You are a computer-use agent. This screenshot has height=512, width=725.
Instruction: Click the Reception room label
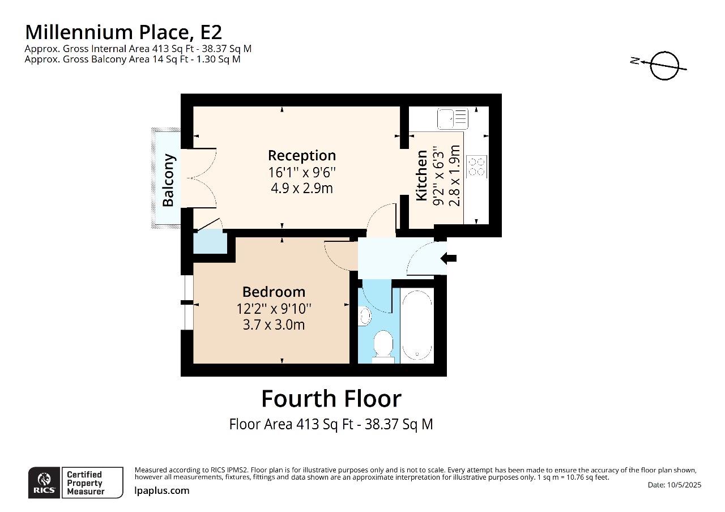[302, 155]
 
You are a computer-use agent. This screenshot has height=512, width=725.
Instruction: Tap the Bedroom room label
[274, 292]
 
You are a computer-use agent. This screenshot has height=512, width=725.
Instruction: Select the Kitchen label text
[421, 176]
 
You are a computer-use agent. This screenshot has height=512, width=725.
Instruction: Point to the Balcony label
[168, 180]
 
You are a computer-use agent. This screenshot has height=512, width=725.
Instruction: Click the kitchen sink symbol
[453, 118]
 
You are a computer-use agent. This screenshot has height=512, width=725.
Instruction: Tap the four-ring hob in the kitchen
[476, 167]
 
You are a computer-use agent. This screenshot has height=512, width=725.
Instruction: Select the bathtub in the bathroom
[417, 325]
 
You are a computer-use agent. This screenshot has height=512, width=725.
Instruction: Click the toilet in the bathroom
[383, 346]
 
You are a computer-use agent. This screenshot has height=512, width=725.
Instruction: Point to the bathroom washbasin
[365, 315]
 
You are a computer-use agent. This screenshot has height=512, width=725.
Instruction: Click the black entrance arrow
[449, 258]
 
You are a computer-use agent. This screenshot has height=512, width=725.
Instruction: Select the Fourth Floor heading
[331, 399]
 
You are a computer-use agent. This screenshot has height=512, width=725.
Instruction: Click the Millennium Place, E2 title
[123, 32]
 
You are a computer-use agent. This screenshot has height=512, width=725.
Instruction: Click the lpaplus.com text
[162, 490]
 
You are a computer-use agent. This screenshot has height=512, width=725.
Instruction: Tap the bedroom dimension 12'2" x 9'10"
[274, 309]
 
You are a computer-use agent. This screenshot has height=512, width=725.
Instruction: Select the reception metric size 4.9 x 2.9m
[302, 188]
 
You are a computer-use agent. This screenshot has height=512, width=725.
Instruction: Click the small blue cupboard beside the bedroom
[210, 241]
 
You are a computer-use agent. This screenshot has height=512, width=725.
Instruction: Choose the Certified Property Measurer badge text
[86, 483]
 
